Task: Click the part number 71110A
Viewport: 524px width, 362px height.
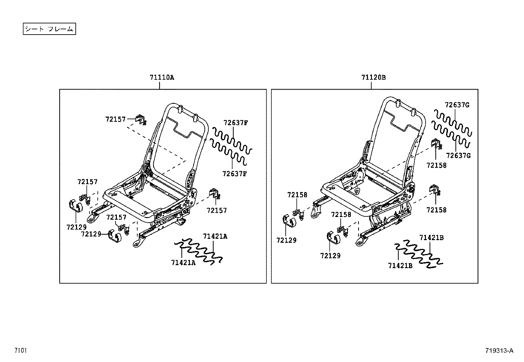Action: coord(162,78)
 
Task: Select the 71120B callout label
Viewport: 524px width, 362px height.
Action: coord(373,78)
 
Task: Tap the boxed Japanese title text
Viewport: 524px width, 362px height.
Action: coord(49,29)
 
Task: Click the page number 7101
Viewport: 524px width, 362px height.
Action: coord(20,350)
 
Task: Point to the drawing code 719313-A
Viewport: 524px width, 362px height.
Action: coord(499,350)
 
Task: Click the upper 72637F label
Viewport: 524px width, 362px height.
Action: coord(235,123)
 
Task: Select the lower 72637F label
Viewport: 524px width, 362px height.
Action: coord(234,174)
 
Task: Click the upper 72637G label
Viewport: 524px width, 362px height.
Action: coord(457,105)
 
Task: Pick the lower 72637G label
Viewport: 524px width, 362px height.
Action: coord(458,155)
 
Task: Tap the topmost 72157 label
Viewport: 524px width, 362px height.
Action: coord(116,119)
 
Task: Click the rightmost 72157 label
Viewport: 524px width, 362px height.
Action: coord(217,210)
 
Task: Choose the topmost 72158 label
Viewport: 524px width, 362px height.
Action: coord(436,165)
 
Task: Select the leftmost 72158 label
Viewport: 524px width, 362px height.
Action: coord(297,195)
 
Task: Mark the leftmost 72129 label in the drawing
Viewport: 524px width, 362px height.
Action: coord(76,227)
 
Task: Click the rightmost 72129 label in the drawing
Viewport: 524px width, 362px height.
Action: coord(330,256)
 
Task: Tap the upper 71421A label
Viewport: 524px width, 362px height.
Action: coord(215,236)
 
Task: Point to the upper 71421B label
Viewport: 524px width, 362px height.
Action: coord(432,237)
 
